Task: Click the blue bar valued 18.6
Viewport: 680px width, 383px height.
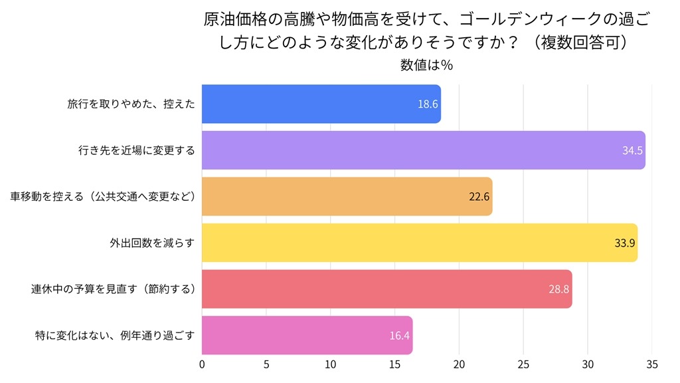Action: [321, 104]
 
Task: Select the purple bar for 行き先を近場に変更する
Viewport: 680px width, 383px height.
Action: [423, 150]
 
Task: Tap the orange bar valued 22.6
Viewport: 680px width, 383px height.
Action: [347, 196]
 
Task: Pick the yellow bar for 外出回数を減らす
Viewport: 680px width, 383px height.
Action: [419, 243]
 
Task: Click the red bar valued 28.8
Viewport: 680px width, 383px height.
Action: [386, 289]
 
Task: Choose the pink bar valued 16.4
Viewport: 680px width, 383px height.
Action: [307, 335]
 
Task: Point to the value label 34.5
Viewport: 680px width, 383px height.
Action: [632, 150]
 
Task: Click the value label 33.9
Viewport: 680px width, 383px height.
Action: [625, 243]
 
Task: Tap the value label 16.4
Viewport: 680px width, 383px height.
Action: [399, 335]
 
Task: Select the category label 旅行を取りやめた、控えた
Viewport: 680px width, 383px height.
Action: [131, 104]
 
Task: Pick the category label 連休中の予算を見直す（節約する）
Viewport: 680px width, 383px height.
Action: [112, 289]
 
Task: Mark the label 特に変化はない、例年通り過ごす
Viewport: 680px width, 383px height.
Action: [114, 335]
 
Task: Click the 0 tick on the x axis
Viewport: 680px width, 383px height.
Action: [202, 364]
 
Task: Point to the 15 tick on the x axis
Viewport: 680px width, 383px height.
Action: [394, 364]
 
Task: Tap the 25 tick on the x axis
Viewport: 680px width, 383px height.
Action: [523, 364]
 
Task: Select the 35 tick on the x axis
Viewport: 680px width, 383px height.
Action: [651, 364]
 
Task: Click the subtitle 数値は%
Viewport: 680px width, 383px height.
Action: [426, 65]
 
